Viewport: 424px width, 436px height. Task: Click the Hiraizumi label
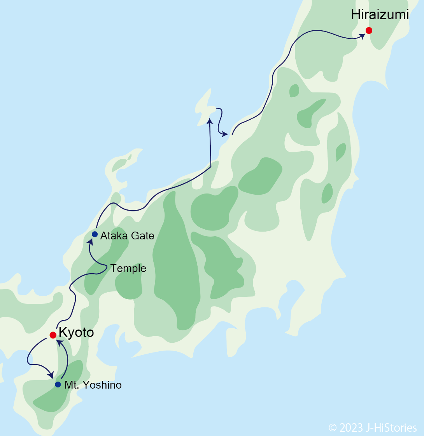380,15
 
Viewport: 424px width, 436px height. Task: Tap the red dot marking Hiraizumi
369,30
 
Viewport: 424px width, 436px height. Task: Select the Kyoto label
76,333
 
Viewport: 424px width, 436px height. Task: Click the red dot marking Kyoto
53,335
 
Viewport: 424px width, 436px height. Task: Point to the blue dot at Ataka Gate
95,234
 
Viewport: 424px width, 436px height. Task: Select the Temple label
128,269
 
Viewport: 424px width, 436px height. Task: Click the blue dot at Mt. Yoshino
58,384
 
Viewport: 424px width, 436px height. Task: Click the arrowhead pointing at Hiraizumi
362,36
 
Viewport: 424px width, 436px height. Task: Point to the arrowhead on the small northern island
210,121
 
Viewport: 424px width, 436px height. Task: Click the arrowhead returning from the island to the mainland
224,134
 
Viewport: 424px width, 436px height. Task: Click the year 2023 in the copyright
351,428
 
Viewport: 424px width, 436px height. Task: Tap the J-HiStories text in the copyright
391,428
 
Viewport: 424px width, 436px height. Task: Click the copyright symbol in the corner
333,428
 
